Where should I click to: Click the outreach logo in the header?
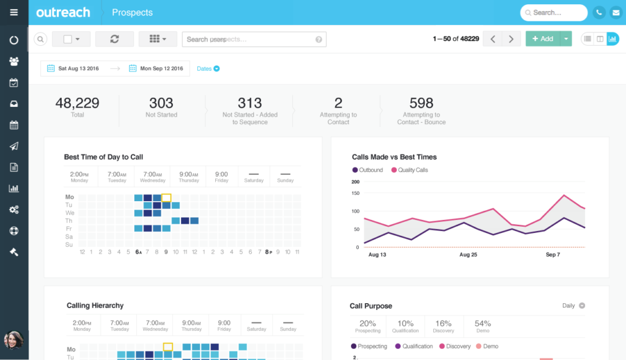pyautogui.click(x=63, y=12)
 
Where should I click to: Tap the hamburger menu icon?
pyautogui.click(x=14, y=12)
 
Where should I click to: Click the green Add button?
pyautogui.click(x=542, y=39)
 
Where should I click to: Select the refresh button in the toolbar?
pyautogui.click(x=114, y=39)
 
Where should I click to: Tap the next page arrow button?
pyautogui.click(x=511, y=39)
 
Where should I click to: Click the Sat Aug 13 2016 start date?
pyautogui.click(x=73, y=68)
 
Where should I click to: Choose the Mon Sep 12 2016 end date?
pyautogui.click(x=156, y=68)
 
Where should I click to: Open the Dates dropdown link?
pyautogui.click(x=208, y=68)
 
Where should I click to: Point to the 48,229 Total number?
pyautogui.click(x=77, y=103)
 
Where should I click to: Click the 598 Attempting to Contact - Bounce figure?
pyautogui.click(x=421, y=103)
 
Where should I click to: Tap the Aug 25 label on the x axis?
pyautogui.click(x=468, y=254)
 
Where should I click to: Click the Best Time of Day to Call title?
pyautogui.click(x=103, y=157)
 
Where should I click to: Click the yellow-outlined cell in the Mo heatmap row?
pyautogui.click(x=166, y=197)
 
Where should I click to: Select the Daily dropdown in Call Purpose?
pyautogui.click(x=573, y=306)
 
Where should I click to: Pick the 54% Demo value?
pyautogui.click(x=482, y=324)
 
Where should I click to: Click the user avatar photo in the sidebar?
pyautogui.click(x=13, y=340)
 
